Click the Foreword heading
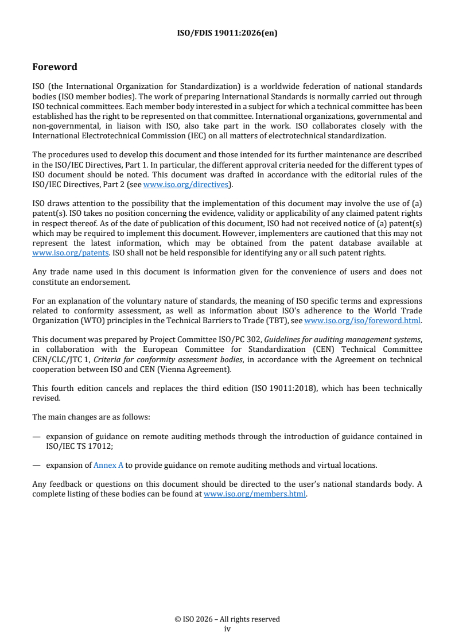point(55,67)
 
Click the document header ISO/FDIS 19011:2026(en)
point(227,33)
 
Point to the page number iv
point(227,629)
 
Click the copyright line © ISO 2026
point(227,619)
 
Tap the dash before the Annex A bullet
point(36,465)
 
